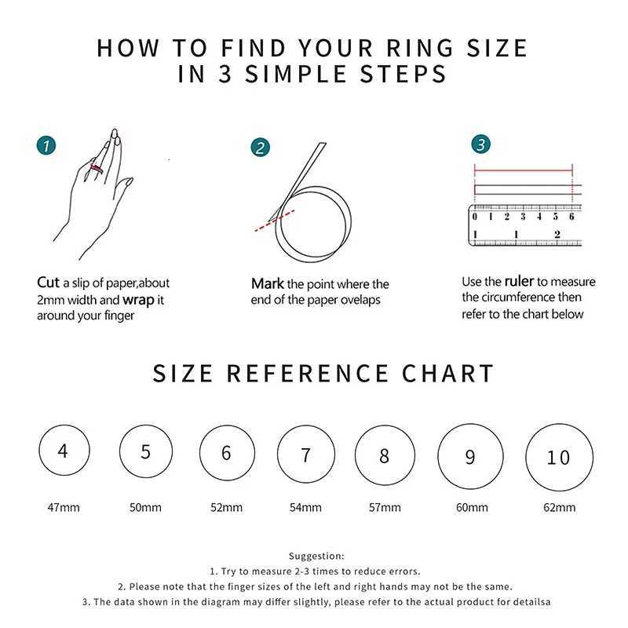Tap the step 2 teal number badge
pos(261,148)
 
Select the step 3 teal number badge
pos(481,144)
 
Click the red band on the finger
pos(97,169)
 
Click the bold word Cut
pos(48,283)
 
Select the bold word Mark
pos(268,283)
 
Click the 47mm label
pos(64,507)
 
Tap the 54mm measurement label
pos(305,507)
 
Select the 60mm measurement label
pos(472,507)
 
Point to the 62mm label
pos(559,507)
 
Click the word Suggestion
pos(316,556)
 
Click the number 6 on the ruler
pos(571,217)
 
